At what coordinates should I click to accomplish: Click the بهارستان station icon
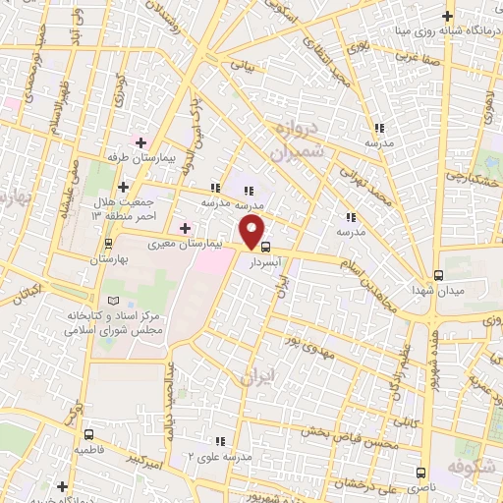pyautogui.click(x=109, y=245)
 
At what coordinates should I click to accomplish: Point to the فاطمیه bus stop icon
pyautogui.click(x=89, y=433)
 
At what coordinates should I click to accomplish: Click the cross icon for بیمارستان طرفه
pyautogui.click(x=141, y=142)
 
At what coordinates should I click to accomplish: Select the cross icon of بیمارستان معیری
pyautogui.click(x=185, y=228)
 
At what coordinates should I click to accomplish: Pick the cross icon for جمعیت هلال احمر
pyautogui.click(x=123, y=187)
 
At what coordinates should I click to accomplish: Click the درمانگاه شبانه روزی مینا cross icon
pyautogui.click(x=447, y=16)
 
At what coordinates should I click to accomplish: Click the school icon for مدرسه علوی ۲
pyautogui.click(x=221, y=441)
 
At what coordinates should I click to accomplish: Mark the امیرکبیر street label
pyautogui.click(x=143, y=458)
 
